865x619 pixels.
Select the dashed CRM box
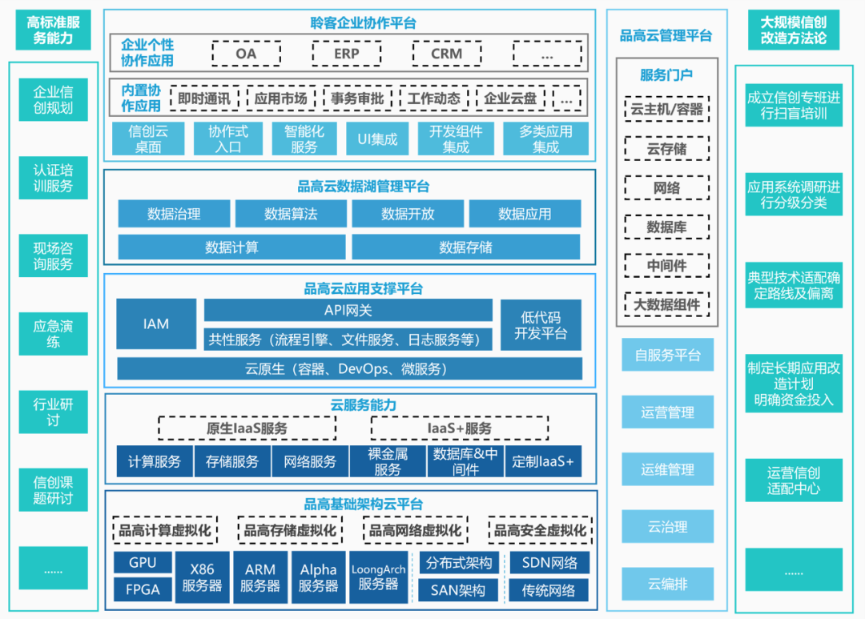(446, 54)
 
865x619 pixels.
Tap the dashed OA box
(246, 54)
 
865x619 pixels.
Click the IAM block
(156, 324)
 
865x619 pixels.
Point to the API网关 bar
(348, 310)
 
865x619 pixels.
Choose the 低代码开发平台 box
(541, 325)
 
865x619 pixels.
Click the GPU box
(143, 562)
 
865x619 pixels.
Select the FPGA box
(143, 590)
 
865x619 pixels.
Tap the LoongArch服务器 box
(379, 577)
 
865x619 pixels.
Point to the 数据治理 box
(174, 214)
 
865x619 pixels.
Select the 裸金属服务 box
(388, 462)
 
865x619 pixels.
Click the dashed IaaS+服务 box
(459, 428)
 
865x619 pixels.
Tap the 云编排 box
(667, 585)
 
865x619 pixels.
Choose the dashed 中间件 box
(666, 266)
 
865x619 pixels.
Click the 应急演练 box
(53, 334)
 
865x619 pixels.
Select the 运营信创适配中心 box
(794, 480)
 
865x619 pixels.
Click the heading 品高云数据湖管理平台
(364, 187)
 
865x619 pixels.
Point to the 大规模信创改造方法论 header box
(794, 30)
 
